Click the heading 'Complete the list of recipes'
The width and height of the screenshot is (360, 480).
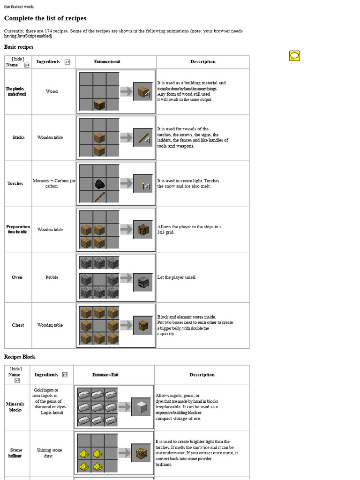pos(45,18)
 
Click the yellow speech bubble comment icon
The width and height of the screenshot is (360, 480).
pos(294,56)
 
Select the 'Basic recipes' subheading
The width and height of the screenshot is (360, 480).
pos(19,47)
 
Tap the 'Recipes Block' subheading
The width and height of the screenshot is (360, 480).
pos(20,357)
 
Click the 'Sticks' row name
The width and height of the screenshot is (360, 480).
pos(19,137)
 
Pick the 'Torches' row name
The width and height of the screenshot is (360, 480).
pos(15,183)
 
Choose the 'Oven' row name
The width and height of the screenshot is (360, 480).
pos(17,277)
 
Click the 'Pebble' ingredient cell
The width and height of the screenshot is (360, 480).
pos(52,277)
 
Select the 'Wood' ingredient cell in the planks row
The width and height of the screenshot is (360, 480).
pos(52,91)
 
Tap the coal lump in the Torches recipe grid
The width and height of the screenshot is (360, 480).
pos(99,184)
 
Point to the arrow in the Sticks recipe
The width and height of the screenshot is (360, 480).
pos(126,137)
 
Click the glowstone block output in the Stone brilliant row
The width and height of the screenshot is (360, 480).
pos(141,453)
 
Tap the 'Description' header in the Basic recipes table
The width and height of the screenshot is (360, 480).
pos(203,62)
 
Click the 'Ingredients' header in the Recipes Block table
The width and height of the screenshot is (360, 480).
pos(46,375)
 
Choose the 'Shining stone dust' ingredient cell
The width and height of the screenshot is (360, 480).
pos(49,453)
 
